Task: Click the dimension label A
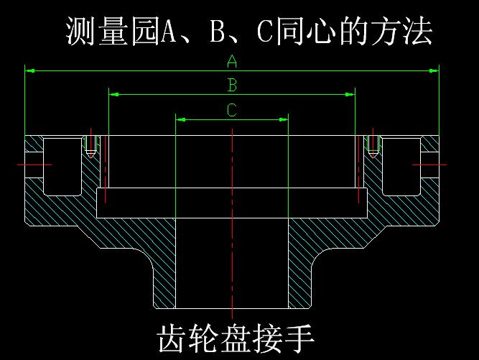232,61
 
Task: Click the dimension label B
233,85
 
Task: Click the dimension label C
232,110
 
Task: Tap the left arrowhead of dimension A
30,71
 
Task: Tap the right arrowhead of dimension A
434,71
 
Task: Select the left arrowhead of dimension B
114,95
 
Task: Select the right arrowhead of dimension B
350,95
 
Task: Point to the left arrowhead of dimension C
181,120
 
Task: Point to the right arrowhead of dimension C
284,120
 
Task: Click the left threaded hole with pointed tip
90,146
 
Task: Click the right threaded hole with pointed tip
373,146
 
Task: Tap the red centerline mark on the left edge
34,165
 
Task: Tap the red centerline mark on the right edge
429,165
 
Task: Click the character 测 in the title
80,31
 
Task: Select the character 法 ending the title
417,31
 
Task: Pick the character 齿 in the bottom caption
171,338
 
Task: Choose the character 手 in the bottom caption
298,338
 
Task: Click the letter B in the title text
218,32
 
